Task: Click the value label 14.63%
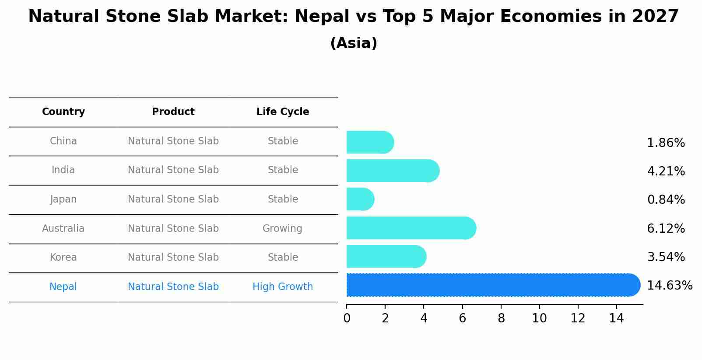coord(669,286)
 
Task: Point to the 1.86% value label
coord(666,143)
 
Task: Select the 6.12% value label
coord(666,228)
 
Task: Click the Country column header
coord(63,112)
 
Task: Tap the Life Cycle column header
coord(283,112)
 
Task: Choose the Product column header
coord(173,112)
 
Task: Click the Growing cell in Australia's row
coord(282,228)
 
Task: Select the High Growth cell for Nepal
coord(283,287)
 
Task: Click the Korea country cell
coord(63,257)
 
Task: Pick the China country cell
coord(63,141)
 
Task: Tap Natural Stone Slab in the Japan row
coord(173,199)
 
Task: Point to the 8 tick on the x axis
coord(501,318)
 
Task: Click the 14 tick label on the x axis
coord(616,318)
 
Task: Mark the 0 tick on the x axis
coord(347,318)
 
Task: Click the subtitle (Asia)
coord(354,43)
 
